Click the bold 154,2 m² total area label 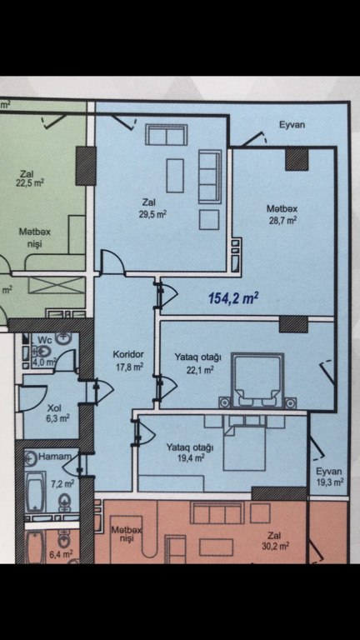233,298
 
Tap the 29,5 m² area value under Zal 153,213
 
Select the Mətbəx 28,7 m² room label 282,215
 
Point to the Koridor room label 127,355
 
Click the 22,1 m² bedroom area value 202,370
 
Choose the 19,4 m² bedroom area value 191,458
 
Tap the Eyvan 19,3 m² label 329,477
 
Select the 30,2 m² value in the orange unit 277,546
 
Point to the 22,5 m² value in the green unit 30,182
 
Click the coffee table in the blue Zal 175,176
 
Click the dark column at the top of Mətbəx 297,160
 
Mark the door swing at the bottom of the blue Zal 112,260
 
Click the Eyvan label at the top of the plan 292,125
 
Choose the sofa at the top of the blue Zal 167,135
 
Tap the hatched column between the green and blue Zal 86,166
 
